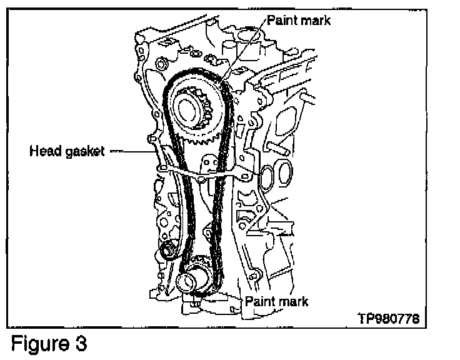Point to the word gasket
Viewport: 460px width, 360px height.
(85, 152)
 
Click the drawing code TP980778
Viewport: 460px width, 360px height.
(389, 318)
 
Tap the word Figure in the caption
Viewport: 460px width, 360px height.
(41, 344)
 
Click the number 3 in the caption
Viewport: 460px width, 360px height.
(81, 342)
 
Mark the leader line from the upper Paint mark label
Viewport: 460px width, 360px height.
(244, 48)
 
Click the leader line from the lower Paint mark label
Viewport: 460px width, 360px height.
(231, 296)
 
